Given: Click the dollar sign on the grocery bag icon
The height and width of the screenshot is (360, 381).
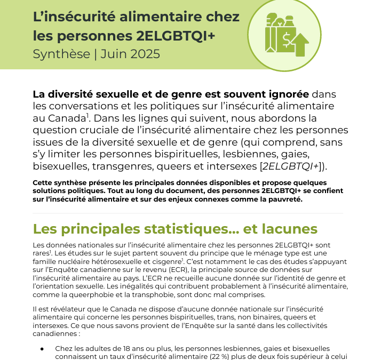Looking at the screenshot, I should (287, 38).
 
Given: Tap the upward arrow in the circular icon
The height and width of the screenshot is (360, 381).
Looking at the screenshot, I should (301, 44).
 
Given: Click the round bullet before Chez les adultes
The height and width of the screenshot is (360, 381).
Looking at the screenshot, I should (42, 348).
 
